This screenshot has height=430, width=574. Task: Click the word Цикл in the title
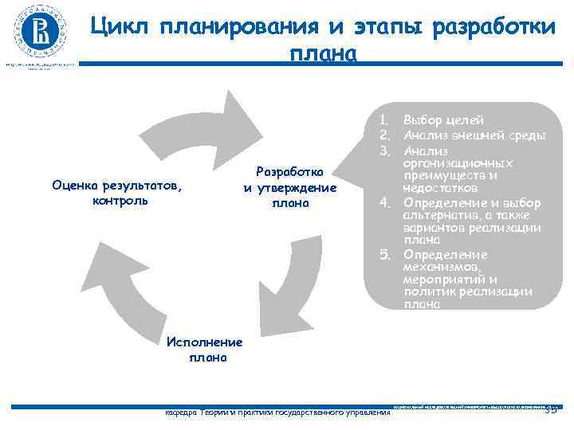pyautogui.click(x=120, y=26)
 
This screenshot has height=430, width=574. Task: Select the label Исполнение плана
pyautogui.click(x=205, y=350)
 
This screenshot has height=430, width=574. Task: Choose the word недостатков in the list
pyautogui.click(x=440, y=188)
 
